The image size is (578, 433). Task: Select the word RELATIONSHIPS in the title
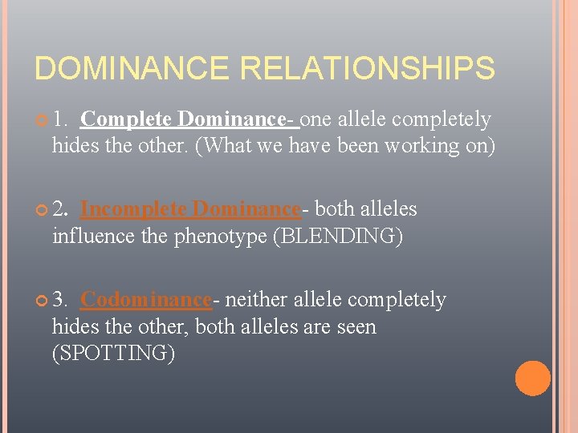pos(368,68)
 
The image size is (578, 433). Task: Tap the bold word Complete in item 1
pos(127,119)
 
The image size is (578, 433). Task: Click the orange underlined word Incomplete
pos(134,209)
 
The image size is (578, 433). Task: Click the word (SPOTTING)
pos(113,354)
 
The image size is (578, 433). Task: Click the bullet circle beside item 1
pos(41,120)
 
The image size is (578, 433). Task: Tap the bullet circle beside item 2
pos(41,210)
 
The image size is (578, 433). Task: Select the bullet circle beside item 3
pos(41,301)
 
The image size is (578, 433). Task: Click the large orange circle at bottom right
pos(532,378)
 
